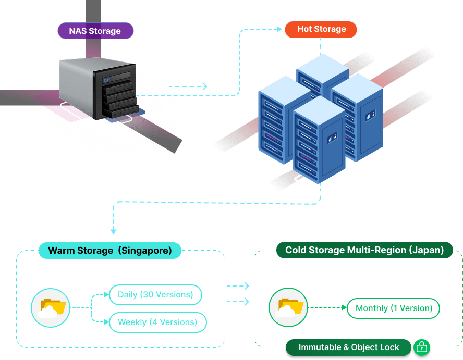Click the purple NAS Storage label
(95, 31)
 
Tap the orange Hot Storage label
(321, 29)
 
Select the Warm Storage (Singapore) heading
(109, 251)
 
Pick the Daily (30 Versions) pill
(155, 295)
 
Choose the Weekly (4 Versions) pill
(157, 322)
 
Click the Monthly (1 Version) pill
(394, 308)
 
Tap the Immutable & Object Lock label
(349, 347)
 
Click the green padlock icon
(421, 347)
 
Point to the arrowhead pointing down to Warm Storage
(113, 231)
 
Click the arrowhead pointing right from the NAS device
(204, 86)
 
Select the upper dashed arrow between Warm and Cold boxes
(239, 286)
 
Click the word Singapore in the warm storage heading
(145, 251)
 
